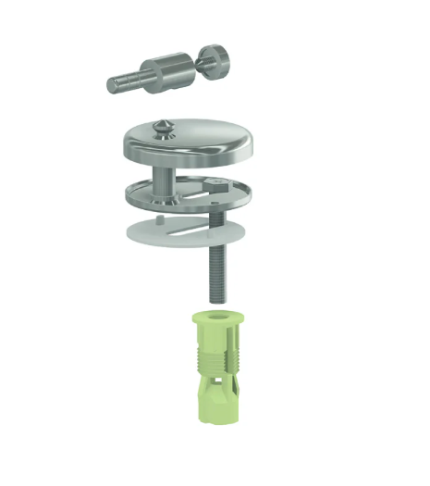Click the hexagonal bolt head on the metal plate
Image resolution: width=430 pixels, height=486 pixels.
[216, 186]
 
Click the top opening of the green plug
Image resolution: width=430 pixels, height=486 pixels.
[215, 318]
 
